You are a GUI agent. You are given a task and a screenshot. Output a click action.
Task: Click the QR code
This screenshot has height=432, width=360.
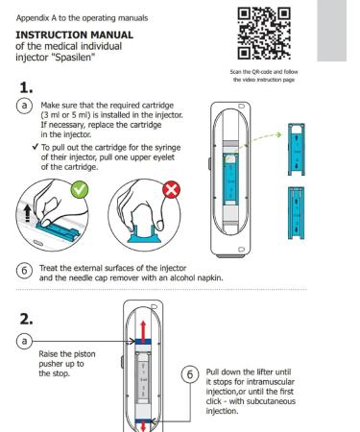tap(264, 34)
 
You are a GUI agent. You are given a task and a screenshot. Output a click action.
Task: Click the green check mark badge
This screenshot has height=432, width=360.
tap(80, 190)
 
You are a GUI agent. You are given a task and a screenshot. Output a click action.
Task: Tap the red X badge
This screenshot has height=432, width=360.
tap(172, 190)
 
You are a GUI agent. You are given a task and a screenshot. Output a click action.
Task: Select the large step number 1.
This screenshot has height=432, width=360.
tap(26, 87)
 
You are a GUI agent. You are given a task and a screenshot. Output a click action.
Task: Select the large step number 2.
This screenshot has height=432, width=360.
tap(26, 319)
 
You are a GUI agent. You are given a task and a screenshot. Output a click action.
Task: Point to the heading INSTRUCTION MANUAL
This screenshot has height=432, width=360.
tap(75, 35)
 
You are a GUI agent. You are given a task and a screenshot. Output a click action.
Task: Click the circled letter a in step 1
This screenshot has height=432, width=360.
tap(24, 106)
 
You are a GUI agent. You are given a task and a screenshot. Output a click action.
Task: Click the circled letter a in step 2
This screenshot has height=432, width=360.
tap(24, 341)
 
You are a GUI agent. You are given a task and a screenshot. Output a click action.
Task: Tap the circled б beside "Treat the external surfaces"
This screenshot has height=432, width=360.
tap(24, 271)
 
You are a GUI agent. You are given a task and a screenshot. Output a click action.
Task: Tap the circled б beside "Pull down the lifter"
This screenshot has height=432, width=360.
tap(190, 374)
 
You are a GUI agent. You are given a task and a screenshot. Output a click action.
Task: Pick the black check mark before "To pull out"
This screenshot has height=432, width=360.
tap(36, 147)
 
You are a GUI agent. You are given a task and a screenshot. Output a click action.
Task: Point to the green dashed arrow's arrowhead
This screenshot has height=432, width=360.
tap(278, 134)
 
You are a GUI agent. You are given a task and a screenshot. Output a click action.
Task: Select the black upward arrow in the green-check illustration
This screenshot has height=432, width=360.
tap(28, 213)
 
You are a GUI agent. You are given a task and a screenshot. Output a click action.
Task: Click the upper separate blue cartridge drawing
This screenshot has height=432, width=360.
tap(297, 150)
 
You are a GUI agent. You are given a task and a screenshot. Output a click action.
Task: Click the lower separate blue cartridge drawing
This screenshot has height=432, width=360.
tap(297, 213)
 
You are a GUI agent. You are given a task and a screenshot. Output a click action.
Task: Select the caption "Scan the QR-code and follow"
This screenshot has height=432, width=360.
tap(264, 72)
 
